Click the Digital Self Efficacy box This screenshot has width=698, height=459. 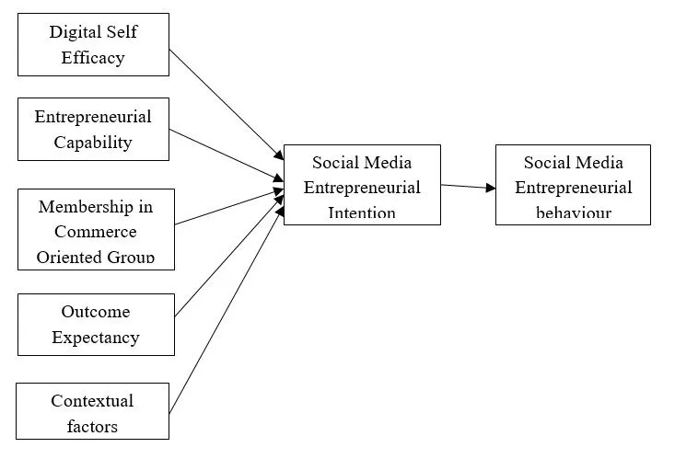click(93, 44)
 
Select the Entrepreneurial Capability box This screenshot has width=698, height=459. click(93, 129)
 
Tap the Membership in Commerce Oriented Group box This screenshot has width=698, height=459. click(96, 229)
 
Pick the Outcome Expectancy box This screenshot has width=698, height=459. click(96, 324)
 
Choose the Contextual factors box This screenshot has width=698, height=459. click(93, 410)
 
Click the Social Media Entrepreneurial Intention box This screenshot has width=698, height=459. click(362, 185)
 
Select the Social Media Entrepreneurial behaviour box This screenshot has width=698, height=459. click(573, 185)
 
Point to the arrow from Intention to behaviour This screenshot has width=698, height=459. click(468, 186)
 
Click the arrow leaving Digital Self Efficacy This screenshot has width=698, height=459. click(226, 102)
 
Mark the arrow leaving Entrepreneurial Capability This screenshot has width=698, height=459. click(226, 154)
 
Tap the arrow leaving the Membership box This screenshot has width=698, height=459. click(228, 207)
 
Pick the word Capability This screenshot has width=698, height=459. click(93, 143)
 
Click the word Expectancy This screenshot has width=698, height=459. click(96, 337)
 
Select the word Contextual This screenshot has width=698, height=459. click(92, 401)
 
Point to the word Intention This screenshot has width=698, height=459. click(362, 213)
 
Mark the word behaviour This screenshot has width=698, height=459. click(573, 213)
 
